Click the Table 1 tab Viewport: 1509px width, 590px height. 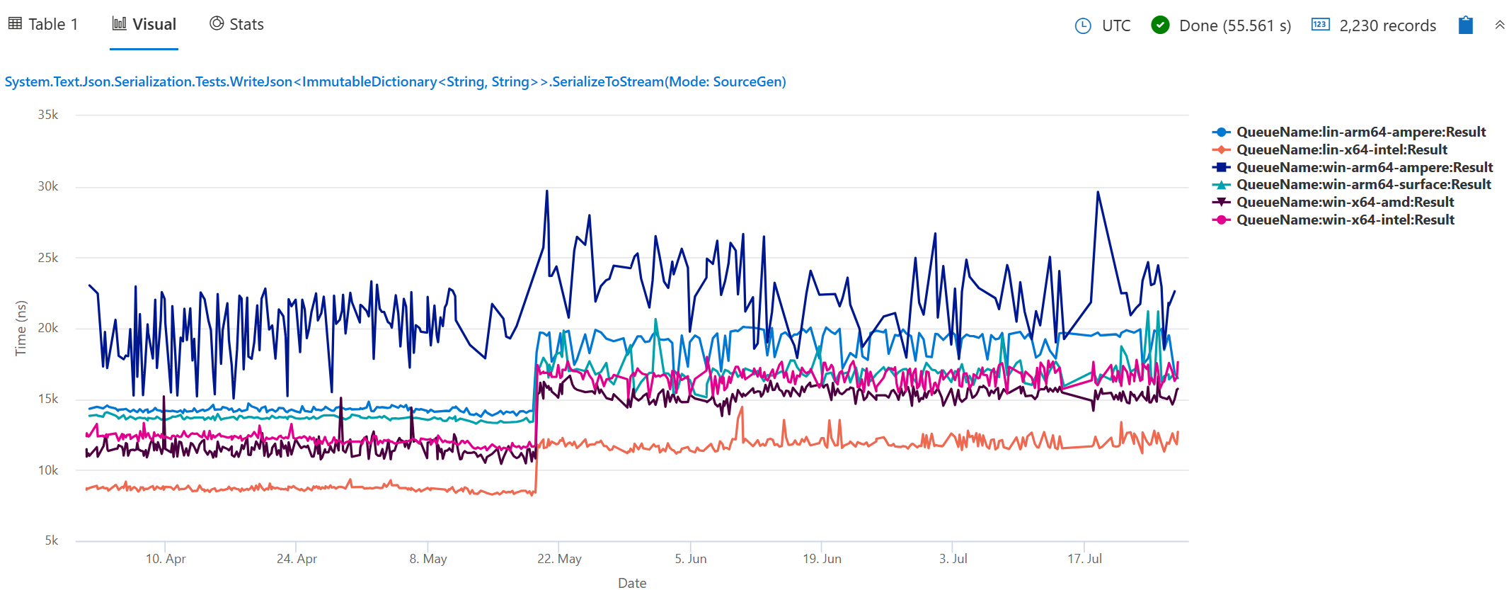click(44, 24)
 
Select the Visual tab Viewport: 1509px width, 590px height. click(144, 24)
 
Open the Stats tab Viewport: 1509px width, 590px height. click(237, 24)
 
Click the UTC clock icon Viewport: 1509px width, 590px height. click(1083, 26)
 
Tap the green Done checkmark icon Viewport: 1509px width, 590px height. click(1160, 25)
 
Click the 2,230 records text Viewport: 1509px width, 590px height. click(1387, 26)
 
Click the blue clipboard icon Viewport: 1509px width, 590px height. click(1465, 25)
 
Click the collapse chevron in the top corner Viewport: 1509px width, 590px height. click(1499, 25)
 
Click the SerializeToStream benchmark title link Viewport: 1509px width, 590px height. click(395, 81)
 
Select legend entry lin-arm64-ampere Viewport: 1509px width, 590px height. click(1360, 132)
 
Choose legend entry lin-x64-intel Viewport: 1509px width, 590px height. click(1341, 149)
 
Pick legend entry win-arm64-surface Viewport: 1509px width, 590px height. click(1363, 184)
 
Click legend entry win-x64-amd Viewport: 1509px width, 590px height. click(1345, 202)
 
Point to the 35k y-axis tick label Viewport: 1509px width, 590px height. click(48, 115)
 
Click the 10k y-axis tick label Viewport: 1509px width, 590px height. click(48, 470)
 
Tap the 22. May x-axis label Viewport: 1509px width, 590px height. click(559, 559)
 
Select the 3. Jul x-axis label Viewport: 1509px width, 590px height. click(953, 559)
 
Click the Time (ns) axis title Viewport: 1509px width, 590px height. click(21, 328)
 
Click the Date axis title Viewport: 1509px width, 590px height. click(632, 583)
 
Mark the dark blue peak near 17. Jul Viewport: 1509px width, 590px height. click(1098, 192)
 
